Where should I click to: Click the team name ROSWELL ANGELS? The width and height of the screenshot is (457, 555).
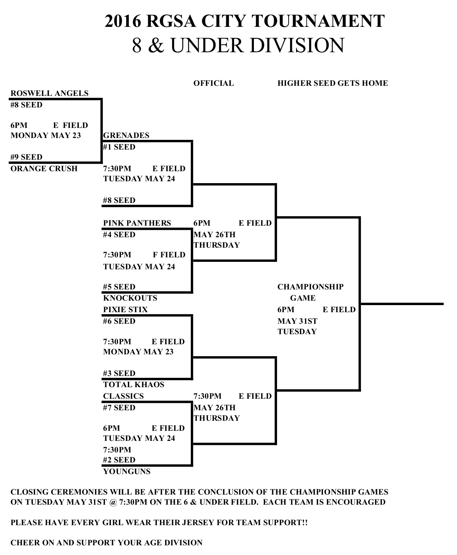[49, 93]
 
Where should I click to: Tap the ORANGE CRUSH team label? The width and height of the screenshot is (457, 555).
[44, 169]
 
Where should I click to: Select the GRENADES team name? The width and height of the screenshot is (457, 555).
[126, 135]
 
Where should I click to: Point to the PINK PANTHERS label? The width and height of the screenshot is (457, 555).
[137, 223]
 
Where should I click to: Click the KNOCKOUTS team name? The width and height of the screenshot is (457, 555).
[130, 298]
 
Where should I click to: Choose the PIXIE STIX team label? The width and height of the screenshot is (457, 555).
[125, 310]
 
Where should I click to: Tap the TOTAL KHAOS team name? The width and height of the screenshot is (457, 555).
[134, 385]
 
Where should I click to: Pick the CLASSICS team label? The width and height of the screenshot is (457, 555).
[123, 396]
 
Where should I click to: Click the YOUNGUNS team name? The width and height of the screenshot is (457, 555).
[127, 471]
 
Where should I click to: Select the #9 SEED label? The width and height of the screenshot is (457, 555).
[27, 157]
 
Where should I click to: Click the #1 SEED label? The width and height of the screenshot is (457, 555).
[119, 147]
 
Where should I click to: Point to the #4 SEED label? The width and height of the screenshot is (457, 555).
[119, 235]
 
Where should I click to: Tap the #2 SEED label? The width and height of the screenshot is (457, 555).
[119, 460]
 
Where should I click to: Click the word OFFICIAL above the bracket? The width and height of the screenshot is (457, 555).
[214, 83]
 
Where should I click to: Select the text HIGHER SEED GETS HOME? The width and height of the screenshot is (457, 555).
[333, 83]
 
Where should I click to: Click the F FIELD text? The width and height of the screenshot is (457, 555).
[169, 255]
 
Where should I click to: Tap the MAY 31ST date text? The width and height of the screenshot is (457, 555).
[297, 321]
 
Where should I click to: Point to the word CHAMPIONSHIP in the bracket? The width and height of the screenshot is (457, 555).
[310, 287]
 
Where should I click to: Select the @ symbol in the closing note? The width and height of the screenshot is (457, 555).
[114, 502]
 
